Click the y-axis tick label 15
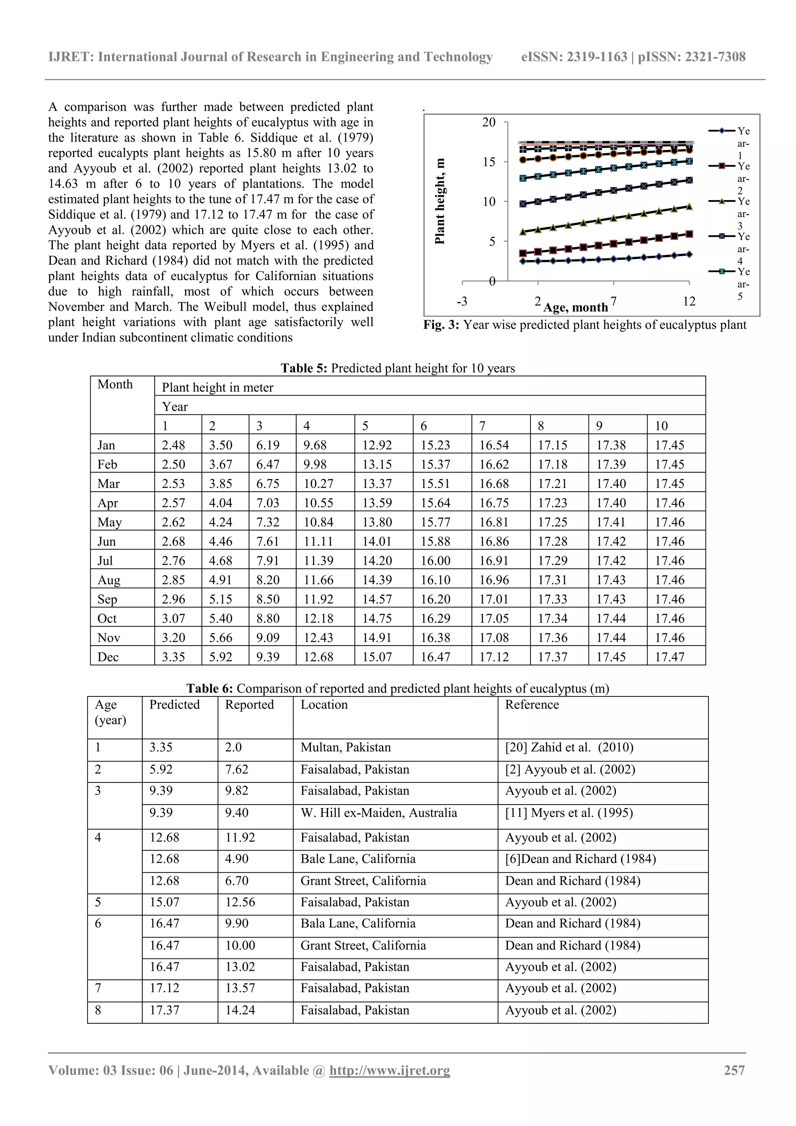[489, 162]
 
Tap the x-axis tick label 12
[689, 301]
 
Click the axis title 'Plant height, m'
[440, 201]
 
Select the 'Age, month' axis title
[575, 307]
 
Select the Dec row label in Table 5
[108, 656]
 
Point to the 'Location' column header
[324, 704]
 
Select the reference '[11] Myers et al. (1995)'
[569, 813]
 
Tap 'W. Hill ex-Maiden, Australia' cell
[379, 813]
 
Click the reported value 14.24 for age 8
[240, 1010]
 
